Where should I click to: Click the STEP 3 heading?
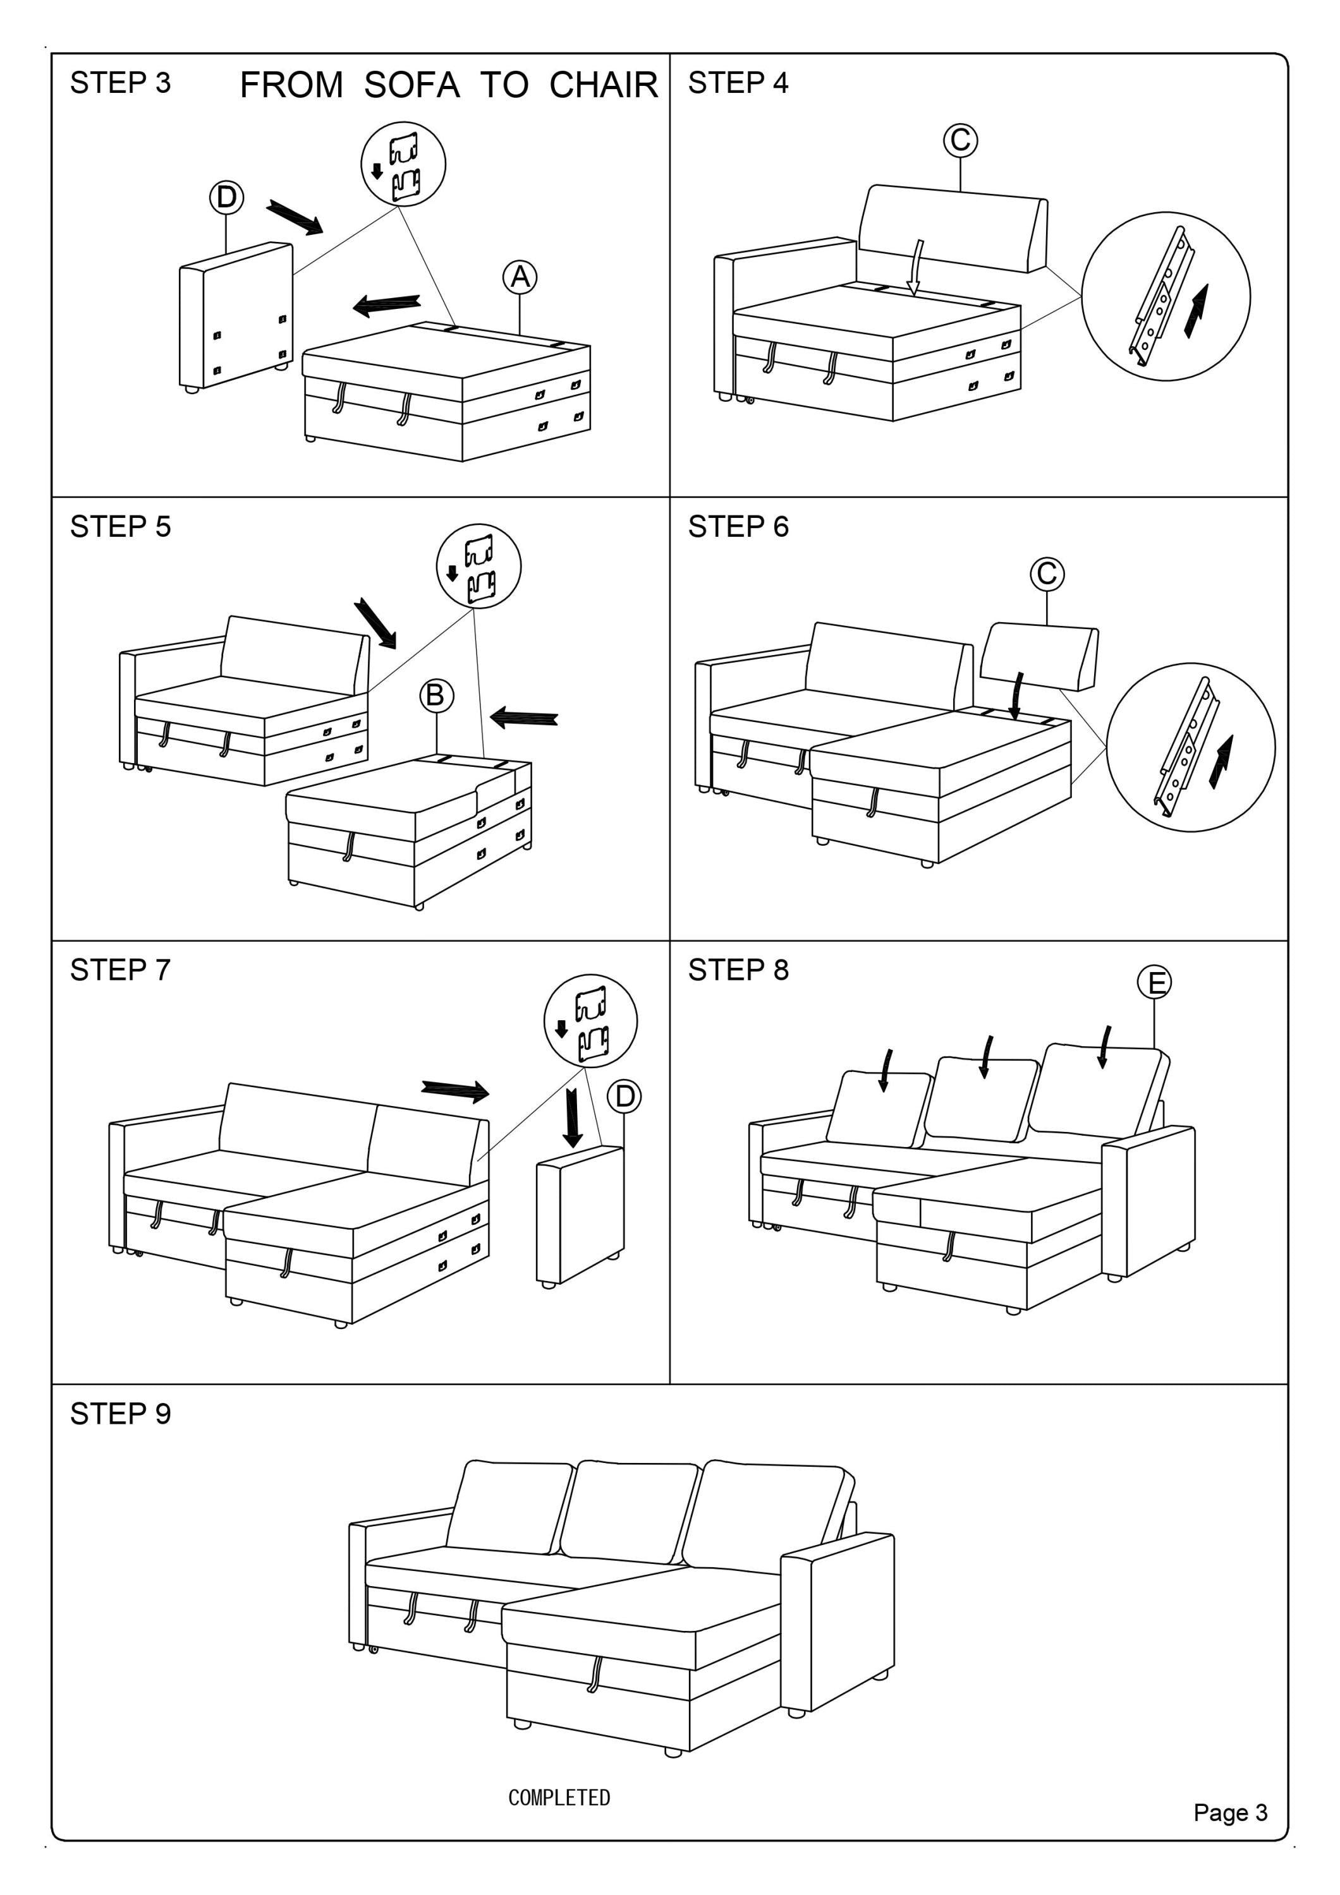tap(121, 83)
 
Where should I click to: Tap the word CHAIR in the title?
tap(604, 85)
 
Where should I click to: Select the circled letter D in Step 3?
tap(226, 198)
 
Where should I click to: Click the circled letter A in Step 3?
tap(520, 277)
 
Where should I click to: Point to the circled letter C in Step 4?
tap(960, 140)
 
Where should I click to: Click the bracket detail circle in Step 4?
tap(1165, 296)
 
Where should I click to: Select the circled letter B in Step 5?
tap(436, 695)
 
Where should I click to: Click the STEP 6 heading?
tap(738, 527)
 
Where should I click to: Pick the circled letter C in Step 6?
tap(1047, 574)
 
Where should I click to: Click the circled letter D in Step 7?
tap(624, 1096)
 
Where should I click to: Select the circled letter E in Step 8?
tap(1154, 982)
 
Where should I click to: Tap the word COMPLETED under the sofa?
tap(559, 1797)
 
